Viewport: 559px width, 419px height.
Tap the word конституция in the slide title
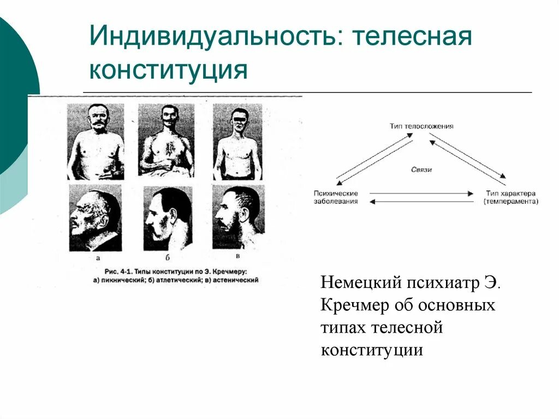click(168, 70)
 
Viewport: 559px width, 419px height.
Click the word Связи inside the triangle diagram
click(421, 170)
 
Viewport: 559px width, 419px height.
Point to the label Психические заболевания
click(336, 197)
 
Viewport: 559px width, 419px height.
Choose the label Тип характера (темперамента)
click(510, 197)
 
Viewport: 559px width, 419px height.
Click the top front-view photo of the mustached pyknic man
click(96, 141)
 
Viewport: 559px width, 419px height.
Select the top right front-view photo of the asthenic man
click(237, 141)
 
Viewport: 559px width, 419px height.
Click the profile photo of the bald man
click(95, 218)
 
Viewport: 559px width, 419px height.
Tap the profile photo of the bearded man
click(238, 217)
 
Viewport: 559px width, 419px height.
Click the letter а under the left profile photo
click(98, 257)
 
